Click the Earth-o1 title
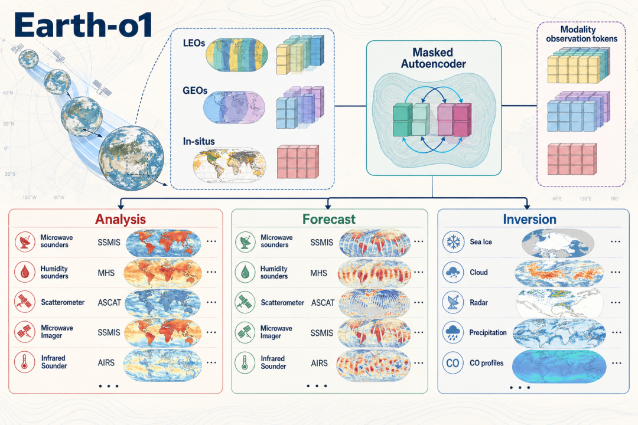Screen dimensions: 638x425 click(x=83, y=25)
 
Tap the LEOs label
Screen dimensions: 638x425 click(x=194, y=43)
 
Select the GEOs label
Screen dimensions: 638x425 click(x=195, y=90)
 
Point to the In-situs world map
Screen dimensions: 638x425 click(x=229, y=165)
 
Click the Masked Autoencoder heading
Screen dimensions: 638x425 click(x=434, y=58)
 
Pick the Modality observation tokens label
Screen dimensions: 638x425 click(x=581, y=34)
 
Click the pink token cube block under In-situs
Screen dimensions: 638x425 click(x=298, y=162)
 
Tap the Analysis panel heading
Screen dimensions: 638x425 click(x=121, y=219)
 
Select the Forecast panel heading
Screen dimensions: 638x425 click(x=329, y=219)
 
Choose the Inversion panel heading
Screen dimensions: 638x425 click(x=529, y=219)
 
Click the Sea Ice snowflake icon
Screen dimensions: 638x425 click(x=453, y=242)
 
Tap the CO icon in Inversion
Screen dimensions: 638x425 click(x=453, y=363)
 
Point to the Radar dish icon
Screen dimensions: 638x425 click(x=453, y=303)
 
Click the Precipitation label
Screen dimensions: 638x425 click(x=488, y=333)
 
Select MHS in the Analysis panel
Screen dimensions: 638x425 click(x=106, y=273)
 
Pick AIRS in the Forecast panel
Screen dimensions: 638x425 click(x=319, y=363)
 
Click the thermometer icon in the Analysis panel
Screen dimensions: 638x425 click(x=25, y=362)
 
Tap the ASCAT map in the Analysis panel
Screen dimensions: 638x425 click(x=163, y=303)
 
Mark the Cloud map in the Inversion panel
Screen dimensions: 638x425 click(x=559, y=273)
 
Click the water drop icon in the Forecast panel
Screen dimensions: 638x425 click(x=245, y=272)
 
